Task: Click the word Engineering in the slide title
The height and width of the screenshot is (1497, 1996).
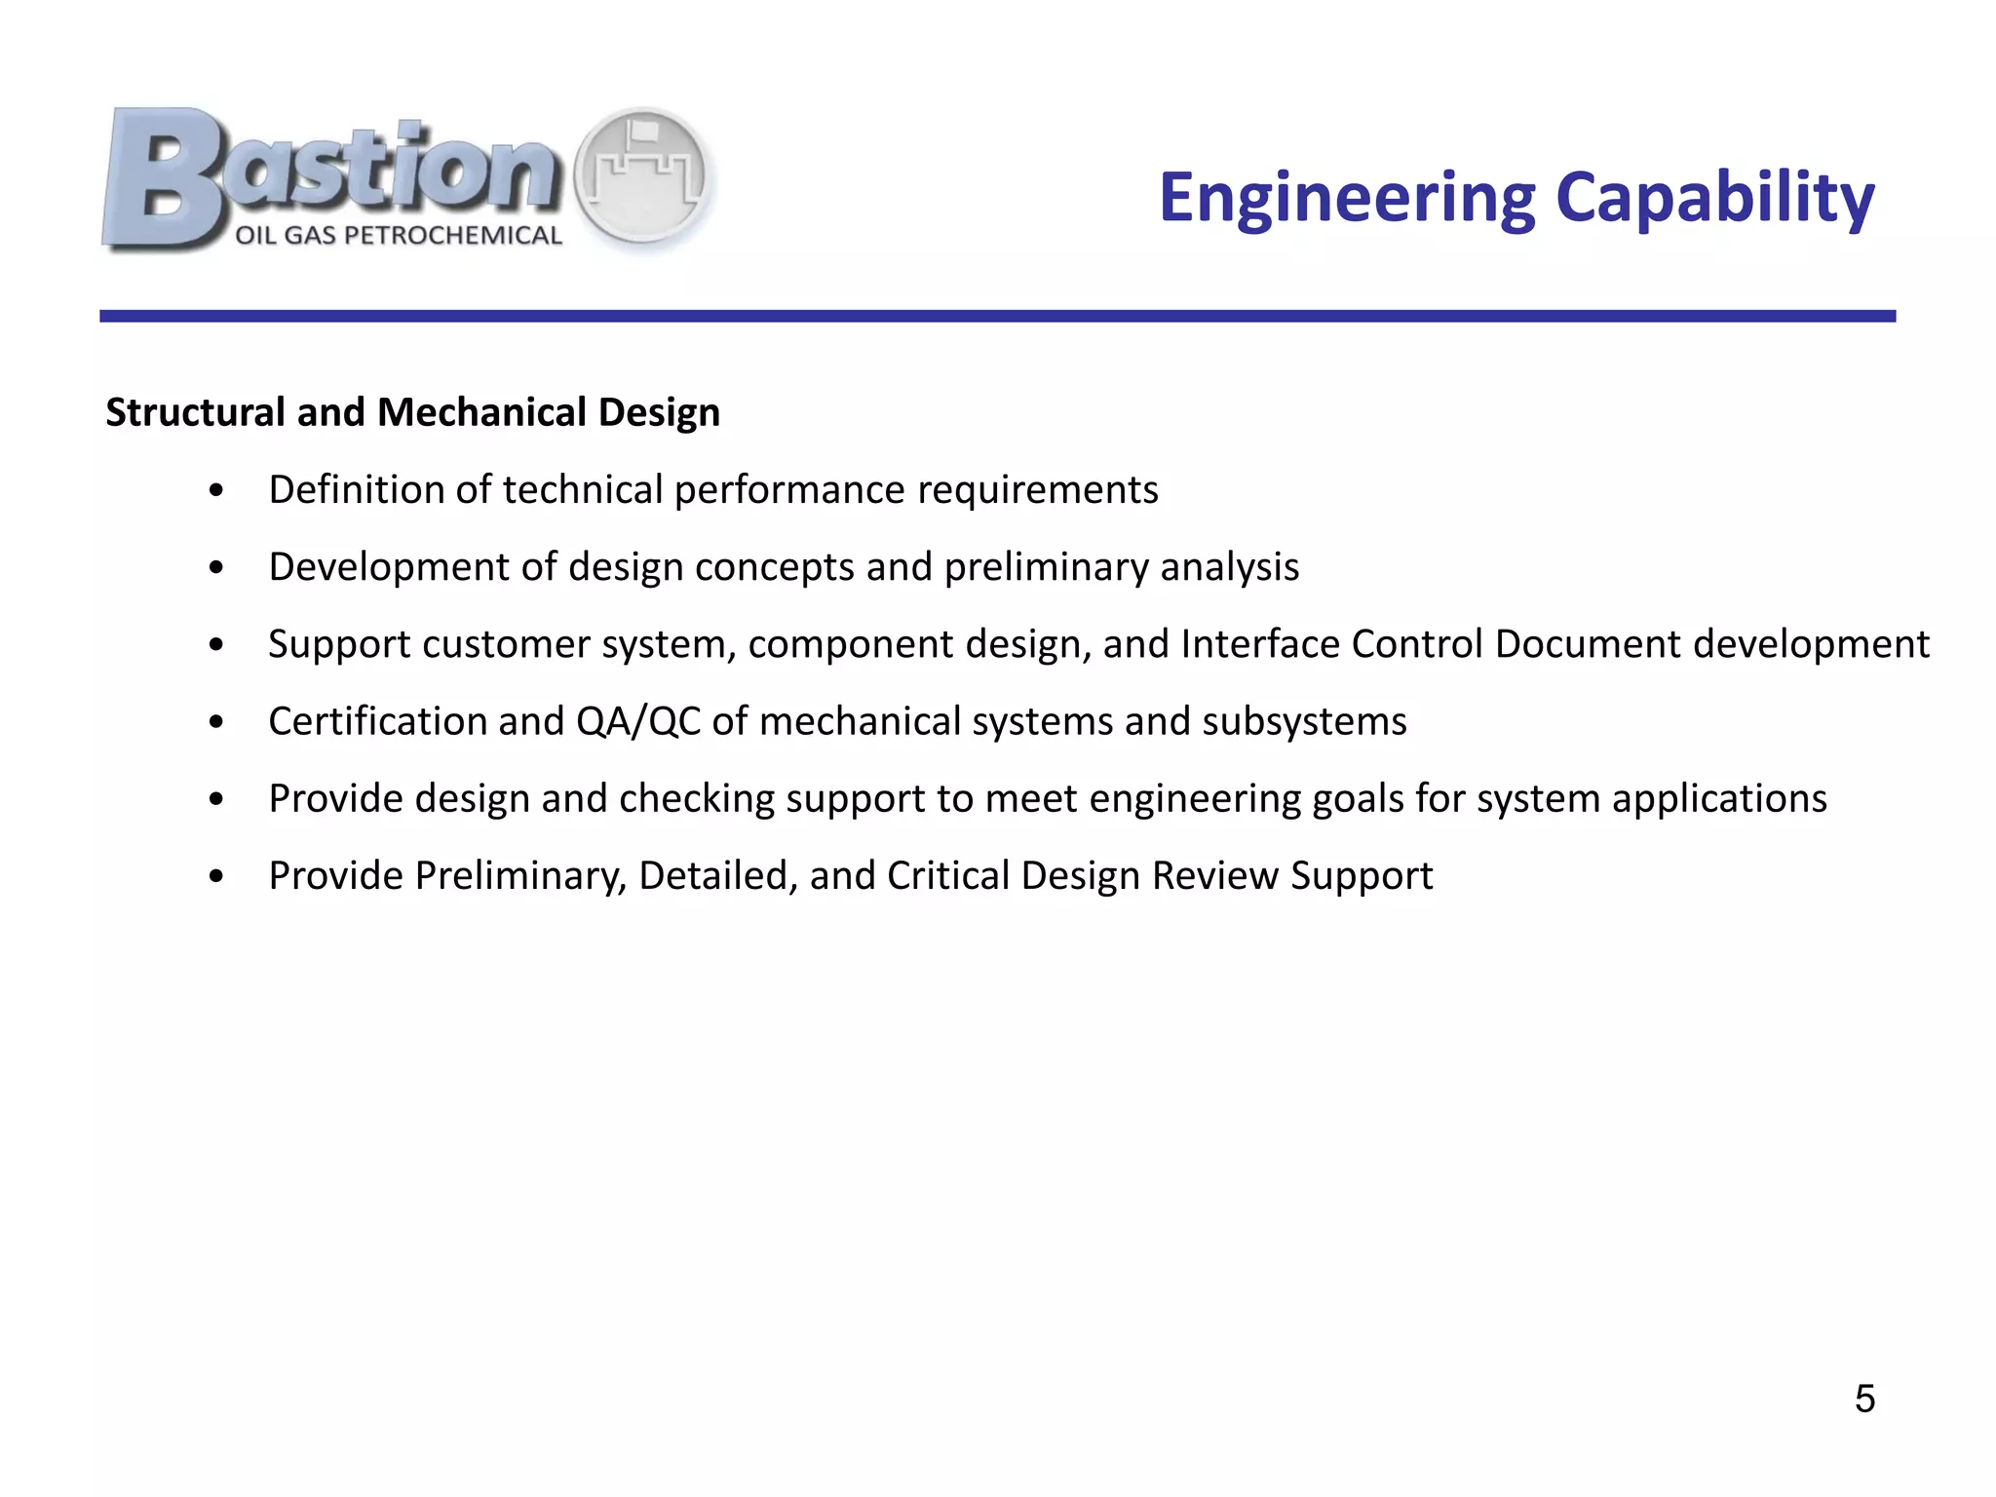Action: tap(1346, 199)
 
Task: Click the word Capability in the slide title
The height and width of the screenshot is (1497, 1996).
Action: tap(1714, 199)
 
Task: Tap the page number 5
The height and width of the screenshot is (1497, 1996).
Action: tap(1864, 1399)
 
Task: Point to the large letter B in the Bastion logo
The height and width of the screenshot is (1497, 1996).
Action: tap(166, 178)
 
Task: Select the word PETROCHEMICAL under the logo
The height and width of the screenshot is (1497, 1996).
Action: tap(453, 236)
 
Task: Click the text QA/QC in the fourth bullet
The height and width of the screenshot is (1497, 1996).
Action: tap(638, 722)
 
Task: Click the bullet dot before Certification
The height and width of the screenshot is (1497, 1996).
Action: tap(216, 722)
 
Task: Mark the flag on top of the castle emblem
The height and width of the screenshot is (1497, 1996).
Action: tap(643, 131)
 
